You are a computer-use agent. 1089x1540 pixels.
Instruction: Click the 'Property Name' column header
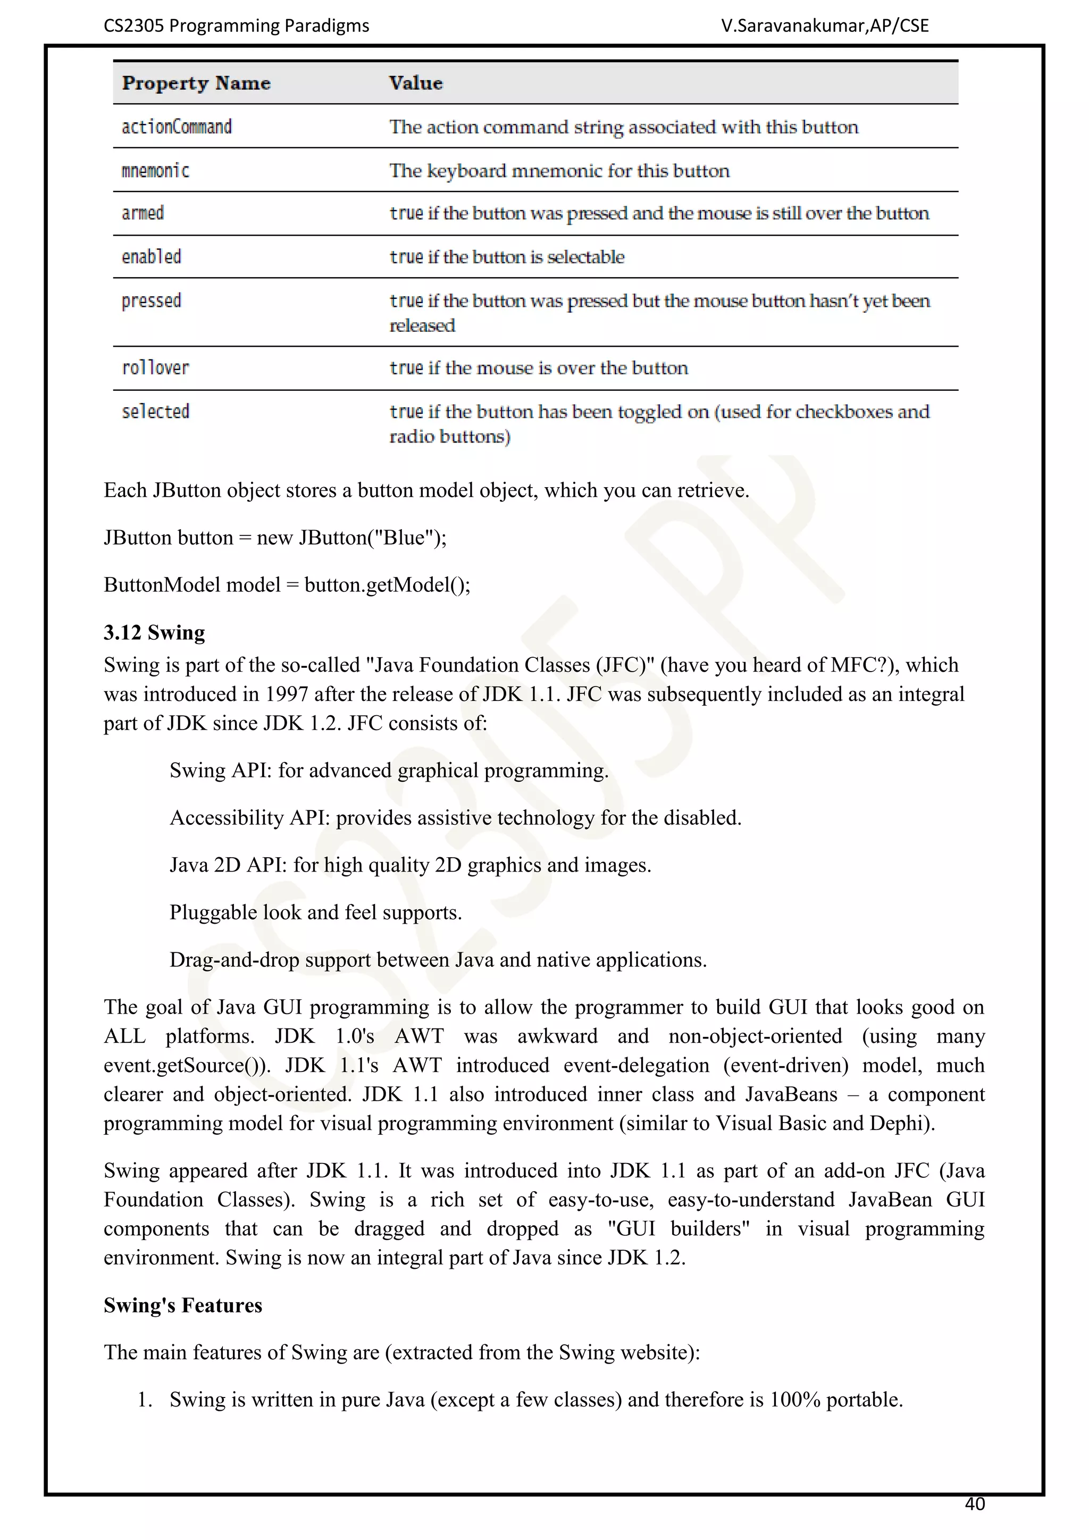[196, 83]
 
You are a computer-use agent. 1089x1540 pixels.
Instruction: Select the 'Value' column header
[416, 83]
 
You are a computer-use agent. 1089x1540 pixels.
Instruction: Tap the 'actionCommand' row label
[177, 127]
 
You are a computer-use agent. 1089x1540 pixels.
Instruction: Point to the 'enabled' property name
[151, 257]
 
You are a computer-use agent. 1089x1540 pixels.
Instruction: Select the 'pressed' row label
[151, 300]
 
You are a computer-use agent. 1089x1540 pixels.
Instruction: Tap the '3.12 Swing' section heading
[154, 632]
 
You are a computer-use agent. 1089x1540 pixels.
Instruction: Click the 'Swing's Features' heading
[182, 1305]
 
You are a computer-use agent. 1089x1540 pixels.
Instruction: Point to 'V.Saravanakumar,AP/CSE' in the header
[825, 26]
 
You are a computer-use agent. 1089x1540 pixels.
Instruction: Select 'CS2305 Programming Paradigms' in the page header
[236, 26]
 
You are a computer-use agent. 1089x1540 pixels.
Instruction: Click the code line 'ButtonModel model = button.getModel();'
[287, 585]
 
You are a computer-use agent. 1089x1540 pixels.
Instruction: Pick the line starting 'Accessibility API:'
[455, 818]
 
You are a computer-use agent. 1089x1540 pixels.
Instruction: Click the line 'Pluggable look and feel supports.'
[315, 912]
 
